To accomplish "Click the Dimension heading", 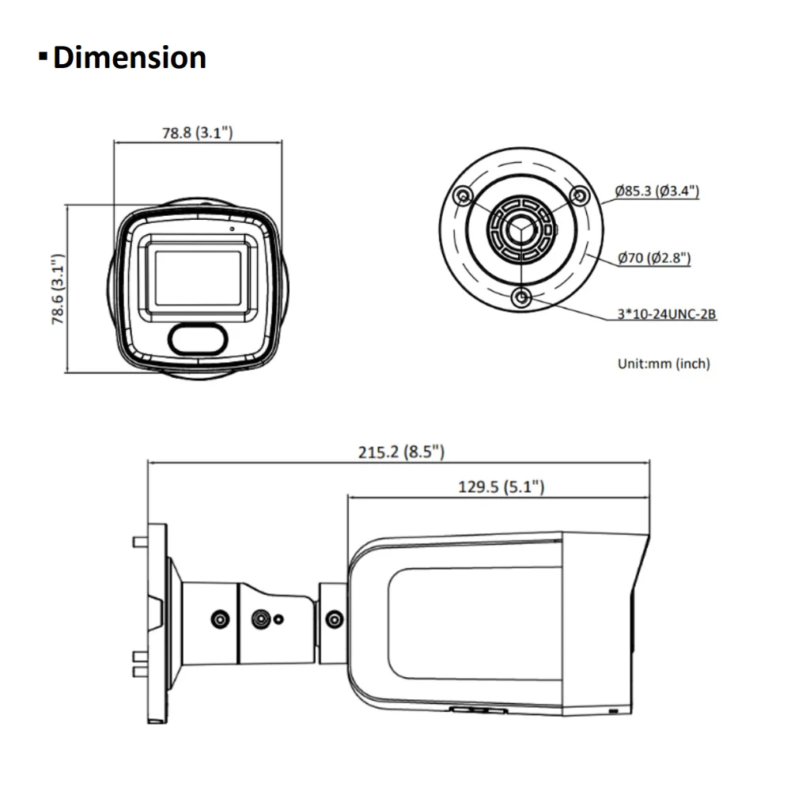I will [129, 59].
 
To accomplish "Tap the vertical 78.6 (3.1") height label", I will [56, 290].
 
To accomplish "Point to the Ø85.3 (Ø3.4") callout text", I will [657, 191].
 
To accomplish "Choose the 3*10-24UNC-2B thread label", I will [667, 314].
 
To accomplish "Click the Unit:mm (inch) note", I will [664, 364].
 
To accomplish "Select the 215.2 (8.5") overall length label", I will [401, 452].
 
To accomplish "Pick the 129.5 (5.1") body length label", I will [501, 487].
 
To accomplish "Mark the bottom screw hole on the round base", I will [522, 297].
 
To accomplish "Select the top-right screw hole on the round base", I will [580, 195].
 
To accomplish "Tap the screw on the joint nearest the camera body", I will [334, 619].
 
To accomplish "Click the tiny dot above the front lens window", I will [233, 229].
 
